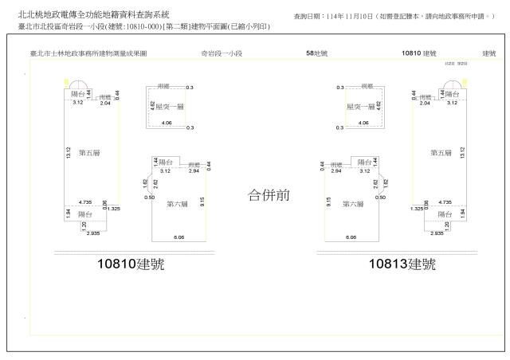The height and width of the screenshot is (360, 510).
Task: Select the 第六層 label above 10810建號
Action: [176, 204]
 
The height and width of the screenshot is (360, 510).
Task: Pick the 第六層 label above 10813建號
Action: [352, 204]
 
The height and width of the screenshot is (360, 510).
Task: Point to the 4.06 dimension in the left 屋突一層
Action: [167, 123]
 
